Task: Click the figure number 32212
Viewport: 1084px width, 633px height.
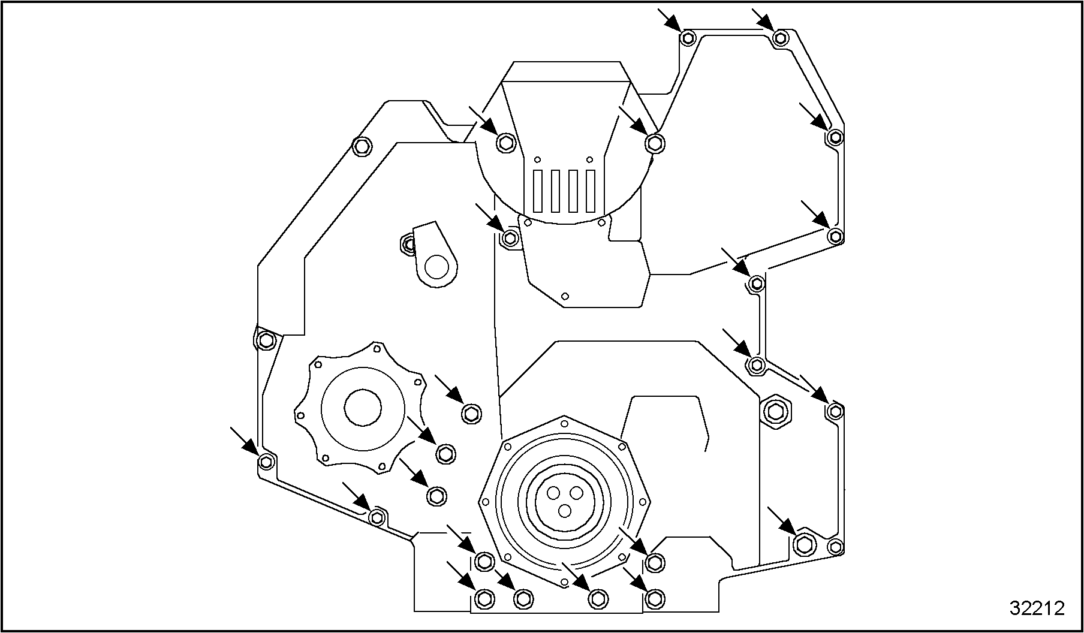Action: tap(1037, 608)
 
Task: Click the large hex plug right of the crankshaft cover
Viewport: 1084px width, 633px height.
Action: tap(776, 411)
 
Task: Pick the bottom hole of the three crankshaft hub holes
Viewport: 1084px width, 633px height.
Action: tap(564, 510)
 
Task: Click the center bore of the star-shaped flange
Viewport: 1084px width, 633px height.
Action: tap(362, 408)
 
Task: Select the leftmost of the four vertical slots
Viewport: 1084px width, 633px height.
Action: tap(538, 191)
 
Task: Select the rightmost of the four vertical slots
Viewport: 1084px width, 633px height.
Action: tap(591, 191)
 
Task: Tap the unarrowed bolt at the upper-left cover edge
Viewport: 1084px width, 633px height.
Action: tap(361, 146)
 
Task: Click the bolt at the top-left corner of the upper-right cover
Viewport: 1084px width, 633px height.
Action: tap(688, 38)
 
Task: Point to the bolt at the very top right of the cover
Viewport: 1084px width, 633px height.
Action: tap(779, 38)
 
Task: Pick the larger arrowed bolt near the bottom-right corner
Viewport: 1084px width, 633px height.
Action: tap(803, 544)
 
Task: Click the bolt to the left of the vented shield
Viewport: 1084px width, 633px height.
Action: tap(505, 143)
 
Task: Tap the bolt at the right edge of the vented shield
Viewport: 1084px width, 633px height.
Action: tap(654, 143)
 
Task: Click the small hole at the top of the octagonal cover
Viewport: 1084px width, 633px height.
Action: tap(564, 423)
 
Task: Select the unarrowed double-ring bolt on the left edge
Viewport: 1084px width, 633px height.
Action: tap(266, 340)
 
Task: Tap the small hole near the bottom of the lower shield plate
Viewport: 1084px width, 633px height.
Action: tap(564, 296)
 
